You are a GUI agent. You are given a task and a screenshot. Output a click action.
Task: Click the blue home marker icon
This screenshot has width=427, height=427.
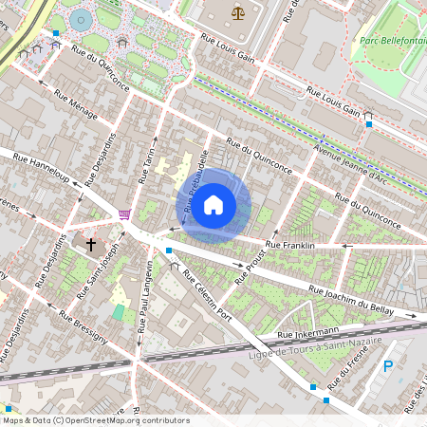coord(213,204)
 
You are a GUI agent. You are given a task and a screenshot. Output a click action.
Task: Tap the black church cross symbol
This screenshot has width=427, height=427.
coord(91,244)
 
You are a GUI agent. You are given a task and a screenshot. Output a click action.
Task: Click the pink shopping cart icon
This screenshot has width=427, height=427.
coord(124,214)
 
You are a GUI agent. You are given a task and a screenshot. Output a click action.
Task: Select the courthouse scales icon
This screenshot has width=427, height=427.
coord(236,12)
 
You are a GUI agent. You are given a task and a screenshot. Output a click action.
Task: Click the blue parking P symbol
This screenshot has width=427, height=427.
coord(386,366)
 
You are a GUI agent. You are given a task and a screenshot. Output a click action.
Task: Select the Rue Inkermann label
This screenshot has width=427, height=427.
coord(307,333)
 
